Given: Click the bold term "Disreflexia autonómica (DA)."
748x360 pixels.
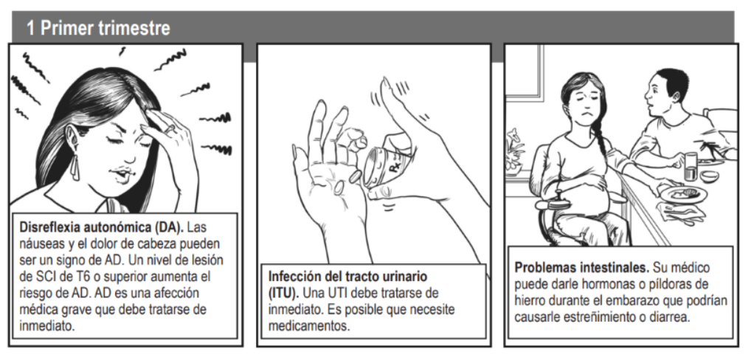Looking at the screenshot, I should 97,223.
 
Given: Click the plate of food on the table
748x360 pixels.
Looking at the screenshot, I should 683,194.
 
